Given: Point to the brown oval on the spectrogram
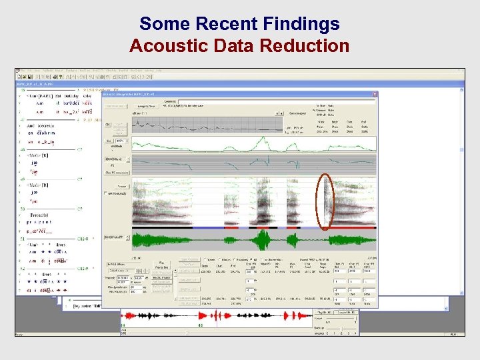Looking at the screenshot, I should click(x=325, y=201).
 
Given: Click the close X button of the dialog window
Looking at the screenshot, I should click(x=375, y=94).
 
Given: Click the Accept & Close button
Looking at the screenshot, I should click(x=149, y=106).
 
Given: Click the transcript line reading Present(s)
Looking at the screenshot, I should click(x=41, y=215).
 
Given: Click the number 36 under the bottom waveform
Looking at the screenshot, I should click(x=200, y=325).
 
